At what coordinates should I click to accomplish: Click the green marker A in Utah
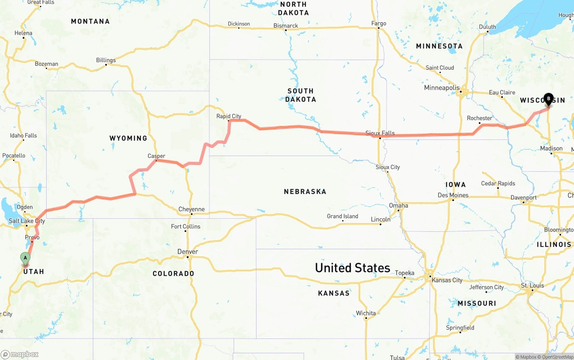coord(26,258)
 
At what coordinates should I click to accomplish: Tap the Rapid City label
coord(229,116)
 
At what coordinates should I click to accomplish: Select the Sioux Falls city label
coord(380,133)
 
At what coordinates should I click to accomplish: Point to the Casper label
coord(157,156)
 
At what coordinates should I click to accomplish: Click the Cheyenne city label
coord(191,209)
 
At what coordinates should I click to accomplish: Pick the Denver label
coord(187,252)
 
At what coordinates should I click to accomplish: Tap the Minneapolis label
coord(442,87)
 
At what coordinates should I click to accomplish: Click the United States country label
coord(352,268)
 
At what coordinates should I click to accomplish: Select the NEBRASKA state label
coord(305,191)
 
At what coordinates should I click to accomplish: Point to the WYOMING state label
coord(128,138)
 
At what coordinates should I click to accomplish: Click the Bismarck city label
coord(286,26)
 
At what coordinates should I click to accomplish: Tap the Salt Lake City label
coord(27,221)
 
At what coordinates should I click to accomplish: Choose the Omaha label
coord(398,205)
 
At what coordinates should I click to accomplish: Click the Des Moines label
coord(453,195)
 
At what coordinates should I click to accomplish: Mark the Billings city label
coord(106,60)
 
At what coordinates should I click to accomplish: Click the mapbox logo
coord(20,354)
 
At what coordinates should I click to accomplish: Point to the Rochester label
coord(479,118)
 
